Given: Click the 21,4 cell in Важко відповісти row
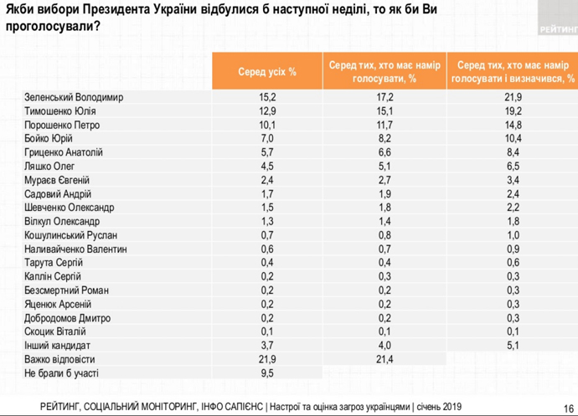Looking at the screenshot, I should coord(384,359).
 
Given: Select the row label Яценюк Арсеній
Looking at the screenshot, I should coord(58,304).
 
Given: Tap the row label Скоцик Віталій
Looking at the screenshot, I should coord(55,331).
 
